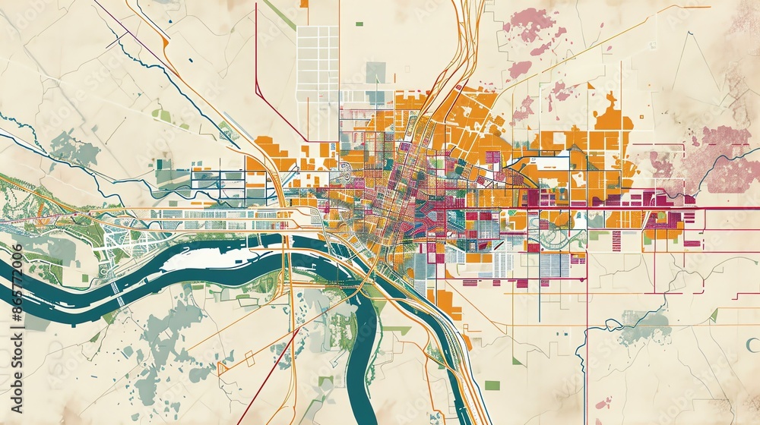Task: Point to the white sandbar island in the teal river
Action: click(x=201, y=258)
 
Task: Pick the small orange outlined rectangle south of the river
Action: click(x=223, y=368)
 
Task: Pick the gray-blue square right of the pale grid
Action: click(x=375, y=72)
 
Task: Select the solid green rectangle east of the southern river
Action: click(x=492, y=385)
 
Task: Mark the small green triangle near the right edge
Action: click(x=714, y=314)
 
